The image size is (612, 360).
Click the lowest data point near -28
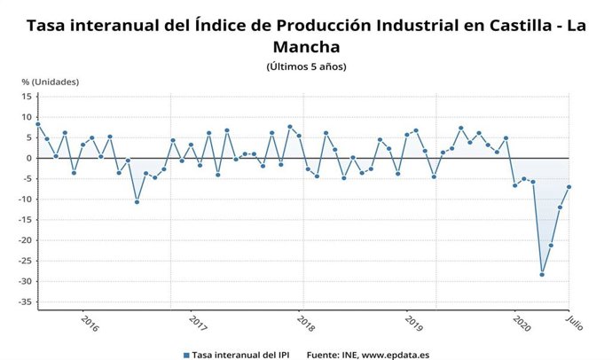(542, 275)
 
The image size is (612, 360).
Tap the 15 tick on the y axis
(27, 97)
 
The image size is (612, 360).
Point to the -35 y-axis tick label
(25, 302)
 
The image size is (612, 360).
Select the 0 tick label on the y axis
(29, 159)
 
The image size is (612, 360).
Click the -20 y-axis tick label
(25, 240)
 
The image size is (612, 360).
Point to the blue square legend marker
(187, 353)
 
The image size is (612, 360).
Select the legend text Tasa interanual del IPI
(239, 353)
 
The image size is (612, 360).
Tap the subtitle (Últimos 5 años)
(306, 67)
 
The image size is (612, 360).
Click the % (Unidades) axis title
(51, 82)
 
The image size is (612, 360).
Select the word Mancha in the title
(306, 45)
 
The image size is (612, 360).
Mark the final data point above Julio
(569, 187)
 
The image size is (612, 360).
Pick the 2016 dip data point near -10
(137, 202)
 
